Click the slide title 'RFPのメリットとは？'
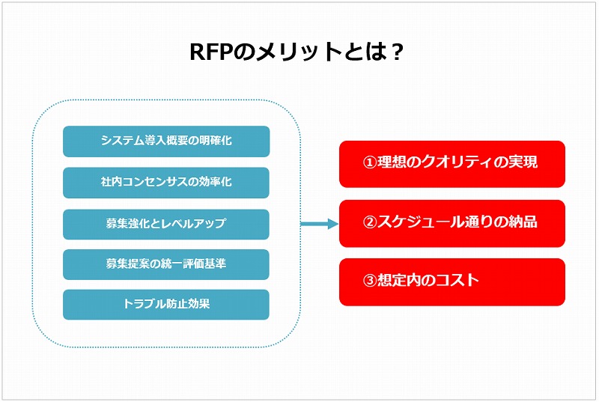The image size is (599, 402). pos(297,52)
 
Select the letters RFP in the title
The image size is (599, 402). pos(211,52)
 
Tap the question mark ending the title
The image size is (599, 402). pos(398,52)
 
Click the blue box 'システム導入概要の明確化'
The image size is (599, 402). pos(166,141)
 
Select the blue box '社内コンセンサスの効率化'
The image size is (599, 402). pos(166,183)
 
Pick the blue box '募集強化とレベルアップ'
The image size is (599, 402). pos(166,224)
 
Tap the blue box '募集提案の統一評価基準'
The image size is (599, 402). pos(166,264)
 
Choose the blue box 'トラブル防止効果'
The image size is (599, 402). pos(166,304)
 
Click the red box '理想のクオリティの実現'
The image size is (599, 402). pos(452,164)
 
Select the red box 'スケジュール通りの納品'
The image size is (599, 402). pos(452,223)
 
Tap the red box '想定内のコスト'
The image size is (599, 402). pos(452,282)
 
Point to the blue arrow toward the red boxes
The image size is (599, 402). pos(320,224)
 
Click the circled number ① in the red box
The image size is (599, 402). pos(369,162)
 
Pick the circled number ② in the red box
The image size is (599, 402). pos(369,222)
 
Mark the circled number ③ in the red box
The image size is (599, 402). pos(369,281)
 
